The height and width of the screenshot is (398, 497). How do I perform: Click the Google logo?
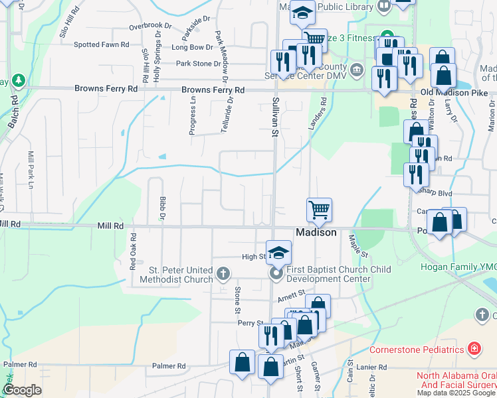(21, 390)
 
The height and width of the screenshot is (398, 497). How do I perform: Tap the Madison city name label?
(316, 233)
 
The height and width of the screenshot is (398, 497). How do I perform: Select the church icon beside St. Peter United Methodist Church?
(223, 273)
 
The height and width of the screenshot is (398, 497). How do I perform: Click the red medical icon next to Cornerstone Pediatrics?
(474, 349)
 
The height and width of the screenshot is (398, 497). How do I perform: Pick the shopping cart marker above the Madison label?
(319, 210)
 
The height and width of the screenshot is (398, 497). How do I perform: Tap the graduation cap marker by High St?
(279, 252)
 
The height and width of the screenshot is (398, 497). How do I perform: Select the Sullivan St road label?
(274, 116)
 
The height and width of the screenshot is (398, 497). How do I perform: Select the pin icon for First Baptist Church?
(275, 273)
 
